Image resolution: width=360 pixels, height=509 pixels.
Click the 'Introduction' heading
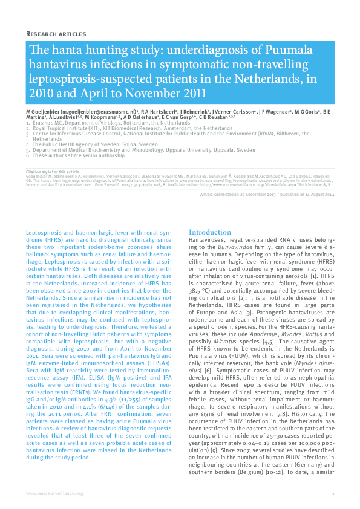pyautogui.click(x=209, y=232)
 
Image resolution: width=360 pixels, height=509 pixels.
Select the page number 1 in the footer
pyautogui.click(x=333, y=493)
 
